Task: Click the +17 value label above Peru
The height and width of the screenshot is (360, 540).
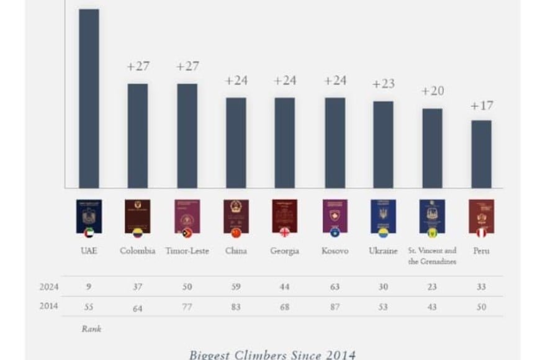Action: click(x=482, y=106)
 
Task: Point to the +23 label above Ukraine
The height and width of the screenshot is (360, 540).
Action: click(x=383, y=84)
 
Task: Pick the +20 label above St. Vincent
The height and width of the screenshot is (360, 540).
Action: click(x=433, y=91)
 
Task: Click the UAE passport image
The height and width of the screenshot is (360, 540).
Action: click(x=89, y=215)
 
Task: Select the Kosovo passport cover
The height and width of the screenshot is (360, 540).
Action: click(x=335, y=215)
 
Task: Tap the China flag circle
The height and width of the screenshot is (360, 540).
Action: click(x=236, y=233)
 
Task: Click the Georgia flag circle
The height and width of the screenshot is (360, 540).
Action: click(x=285, y=233)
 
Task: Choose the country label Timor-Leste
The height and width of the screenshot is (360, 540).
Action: click(x=187, y=251)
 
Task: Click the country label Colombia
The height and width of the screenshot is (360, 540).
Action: click(x=137, y=251)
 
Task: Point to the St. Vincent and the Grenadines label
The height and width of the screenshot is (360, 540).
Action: click(x=432, y=256)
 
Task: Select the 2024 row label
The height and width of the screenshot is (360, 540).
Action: click(x=50, y=287)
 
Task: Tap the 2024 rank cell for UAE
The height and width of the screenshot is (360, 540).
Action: click(x=89, y=287)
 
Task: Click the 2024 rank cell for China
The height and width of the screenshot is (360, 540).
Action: click(x=236, y=287)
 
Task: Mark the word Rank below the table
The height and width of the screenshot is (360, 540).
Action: click(x=91, y=329)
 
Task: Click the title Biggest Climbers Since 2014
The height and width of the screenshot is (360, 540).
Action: click(x=272, y=354)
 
